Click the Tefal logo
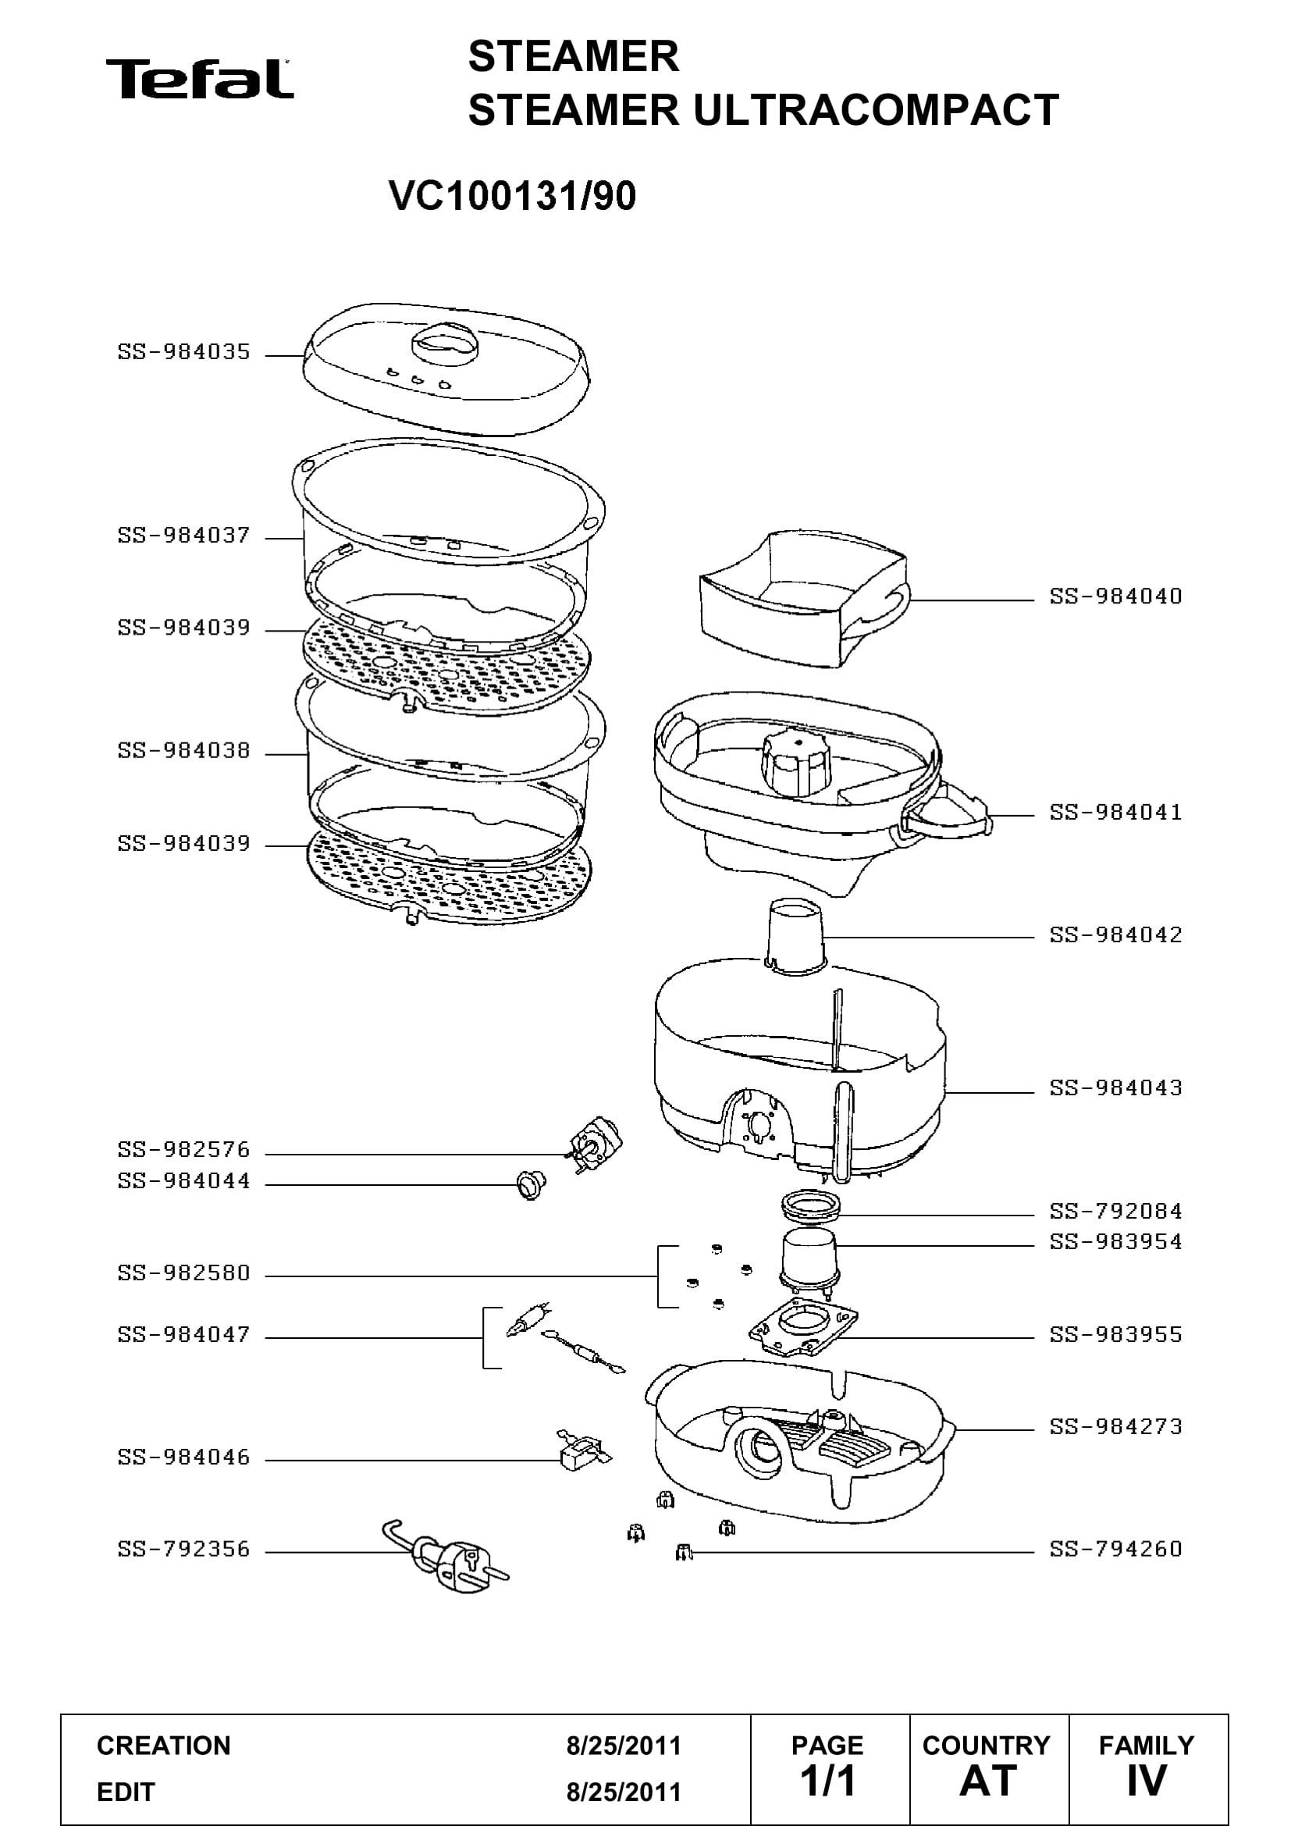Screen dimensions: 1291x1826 click(x=200, y=79)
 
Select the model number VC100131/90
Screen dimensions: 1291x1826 click(x=513, y=196)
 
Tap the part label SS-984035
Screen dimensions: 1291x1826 click(x=183, y=351)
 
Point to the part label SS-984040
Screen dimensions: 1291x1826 click(x=1115, y=596)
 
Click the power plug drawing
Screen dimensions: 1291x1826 click(x=446, y=1556)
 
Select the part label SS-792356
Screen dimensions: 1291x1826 click(x=183, y=1548)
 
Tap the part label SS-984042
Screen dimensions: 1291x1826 click(x=1115, y=934)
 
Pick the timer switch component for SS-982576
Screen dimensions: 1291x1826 click(x=596, y=1146)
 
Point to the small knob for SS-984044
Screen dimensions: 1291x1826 click(x=529, y=1186)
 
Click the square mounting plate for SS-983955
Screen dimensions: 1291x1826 click(x=804, y=1326)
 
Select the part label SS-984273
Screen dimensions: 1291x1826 click(x=1115, y=1426)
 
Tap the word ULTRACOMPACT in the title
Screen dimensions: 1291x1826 click(x=876, y=110)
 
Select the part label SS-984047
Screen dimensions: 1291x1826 click(x=183, y=1333)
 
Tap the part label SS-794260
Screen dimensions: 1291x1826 click(x=1115, y=1548)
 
